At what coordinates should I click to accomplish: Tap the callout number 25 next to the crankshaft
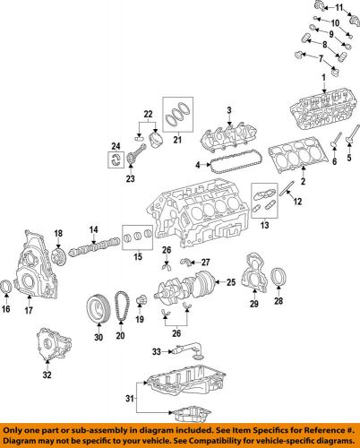click(x=230, y=283)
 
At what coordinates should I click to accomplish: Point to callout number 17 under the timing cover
click(x=29, y=312)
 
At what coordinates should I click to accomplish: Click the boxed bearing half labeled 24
click(x=116, y=159)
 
